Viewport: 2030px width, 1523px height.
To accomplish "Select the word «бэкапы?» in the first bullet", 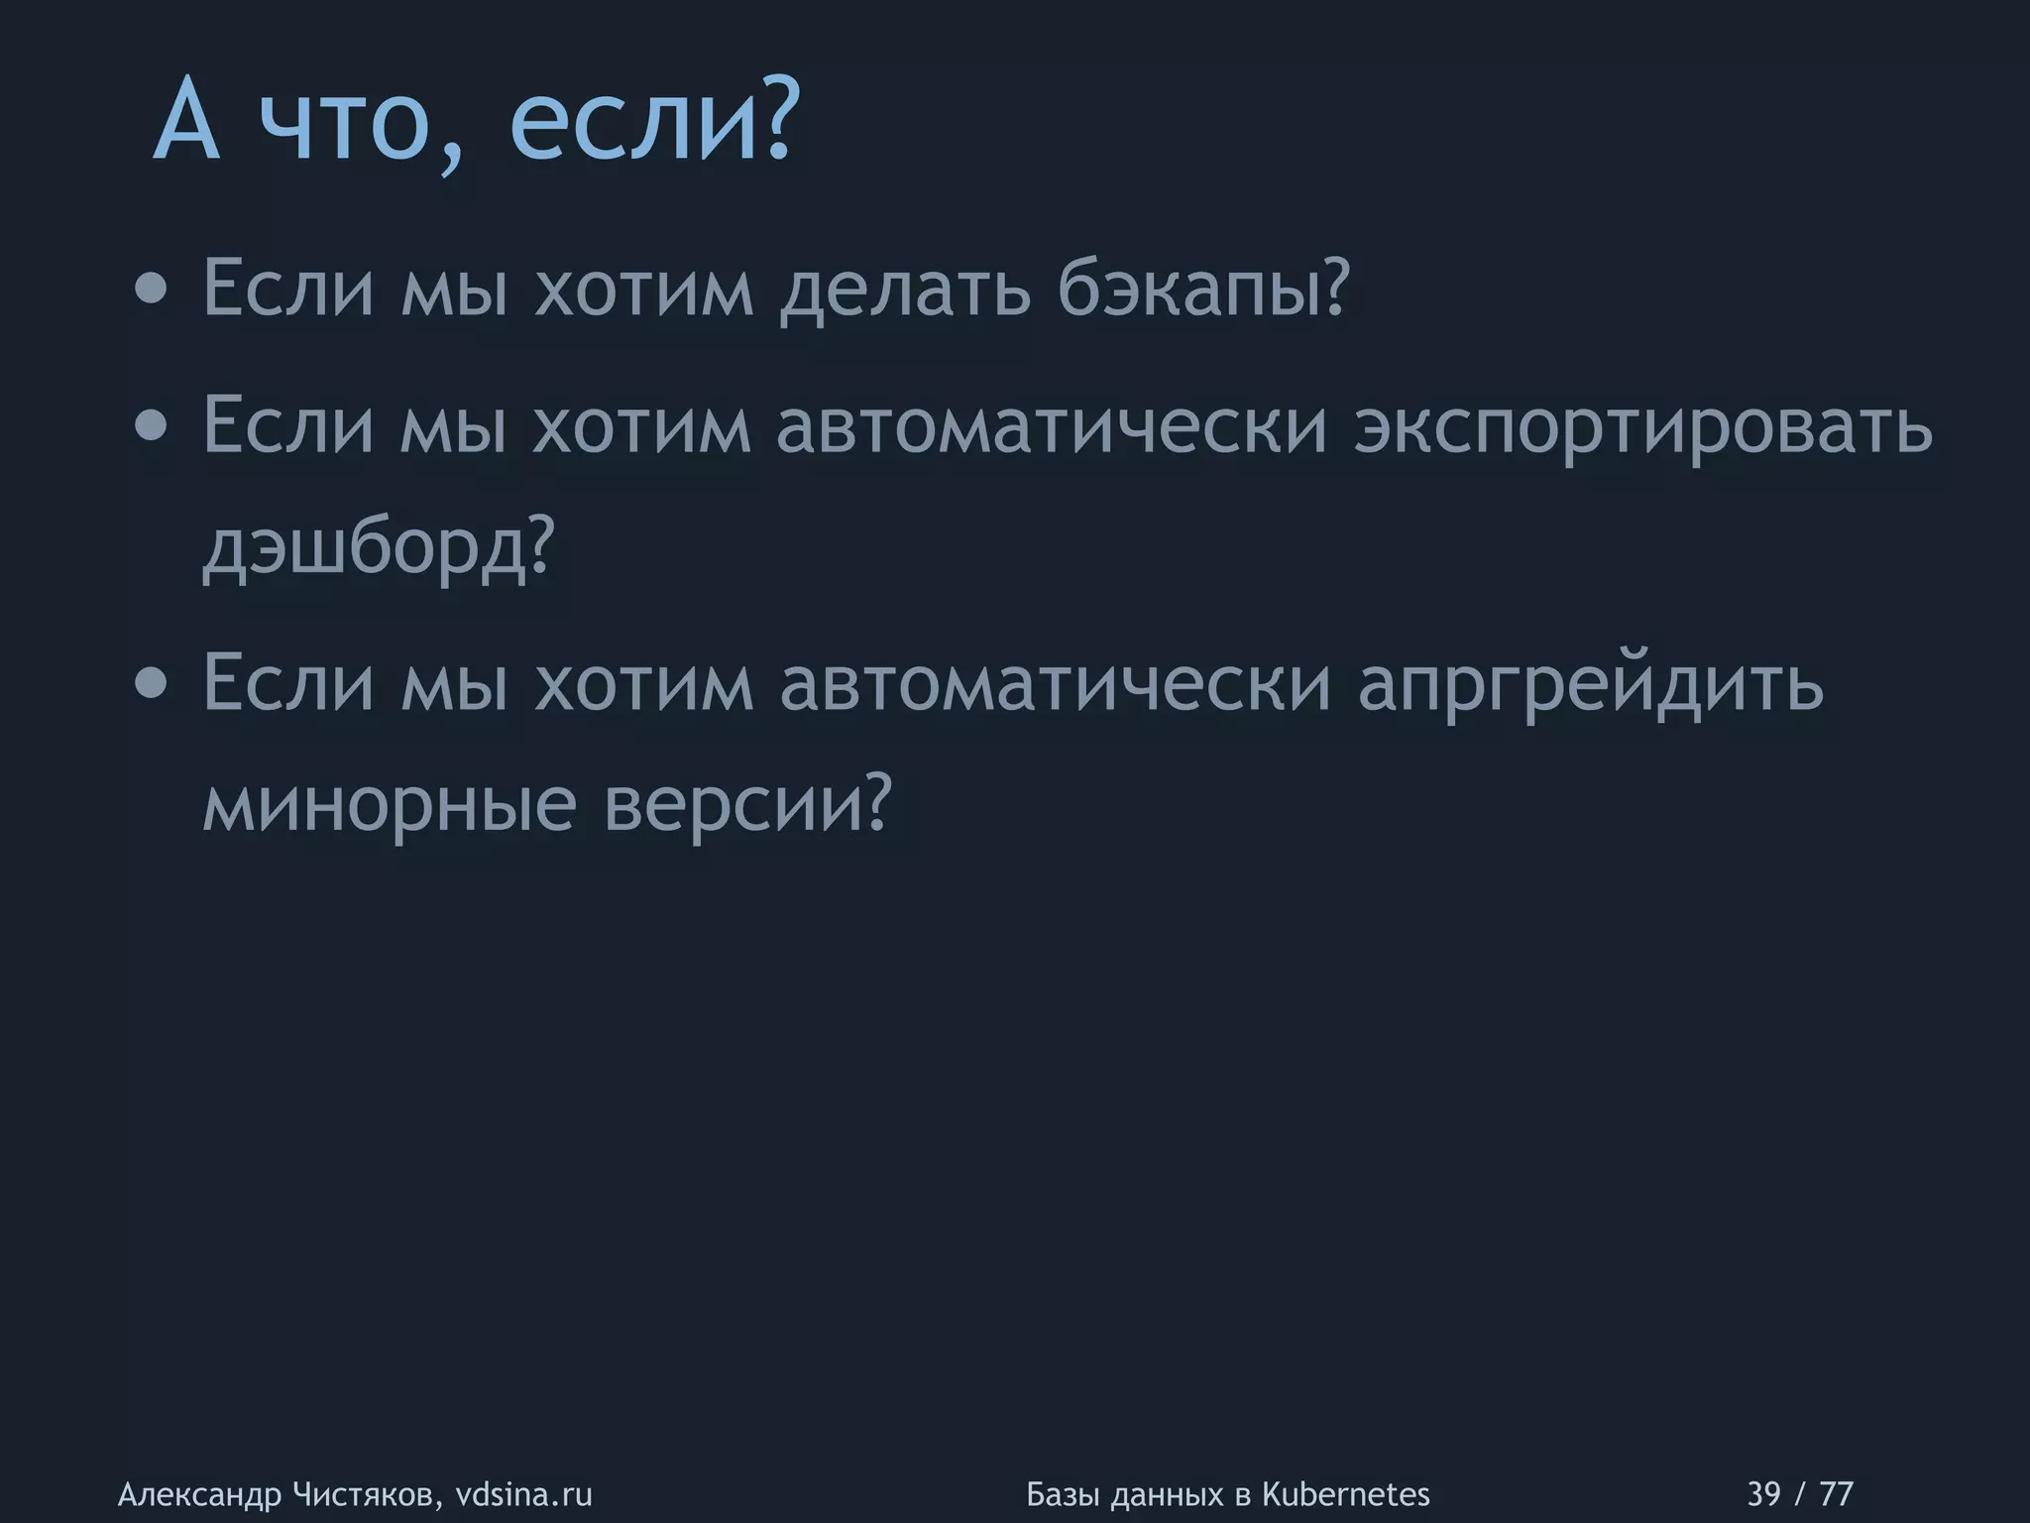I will [1203, 288].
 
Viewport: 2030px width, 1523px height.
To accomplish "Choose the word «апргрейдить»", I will [1590, 684].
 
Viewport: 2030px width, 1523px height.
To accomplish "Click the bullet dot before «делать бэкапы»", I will [151, 290].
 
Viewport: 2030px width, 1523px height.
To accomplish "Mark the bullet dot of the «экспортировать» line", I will [151, 426].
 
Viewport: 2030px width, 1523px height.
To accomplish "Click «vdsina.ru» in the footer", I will [523, 1493].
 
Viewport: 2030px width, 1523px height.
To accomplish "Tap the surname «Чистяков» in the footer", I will [368, 1494].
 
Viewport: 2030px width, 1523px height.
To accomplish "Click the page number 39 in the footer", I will [1763, 1493].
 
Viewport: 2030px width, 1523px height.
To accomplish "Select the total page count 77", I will [1837, 1493].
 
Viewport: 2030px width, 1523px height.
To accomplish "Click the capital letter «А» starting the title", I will [186, 123].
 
